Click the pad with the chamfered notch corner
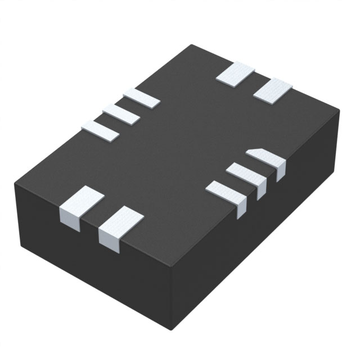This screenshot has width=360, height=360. pos(265,158)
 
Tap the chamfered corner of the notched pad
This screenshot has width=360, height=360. pos(251,150)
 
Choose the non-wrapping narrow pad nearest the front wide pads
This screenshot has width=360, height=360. pos(101,130)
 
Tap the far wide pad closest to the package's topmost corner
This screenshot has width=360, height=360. pos(236,74)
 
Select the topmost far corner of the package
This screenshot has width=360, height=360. pos(192,44)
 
